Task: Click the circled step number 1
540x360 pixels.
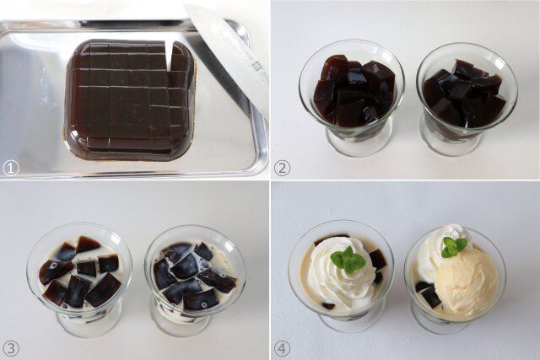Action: pos(11,168)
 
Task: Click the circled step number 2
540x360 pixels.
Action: pos(282,168)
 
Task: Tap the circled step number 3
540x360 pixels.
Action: pos(11,347)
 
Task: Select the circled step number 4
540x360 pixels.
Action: pos(282,347)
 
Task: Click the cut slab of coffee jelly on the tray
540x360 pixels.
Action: pos(127,97)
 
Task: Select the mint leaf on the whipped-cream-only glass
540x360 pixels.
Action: pos(348,261)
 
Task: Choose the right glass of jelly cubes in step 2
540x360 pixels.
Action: pos(465,97)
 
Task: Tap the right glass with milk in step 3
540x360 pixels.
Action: pos(194,274)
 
